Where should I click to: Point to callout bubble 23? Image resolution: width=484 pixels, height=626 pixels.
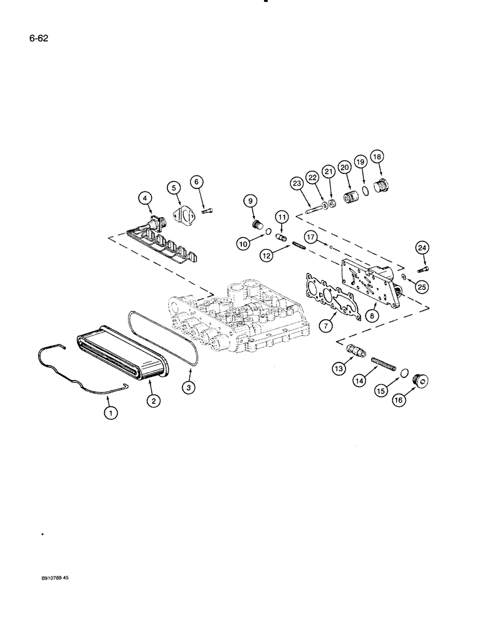coord(297,184)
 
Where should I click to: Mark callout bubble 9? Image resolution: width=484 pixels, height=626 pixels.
coord(250,201)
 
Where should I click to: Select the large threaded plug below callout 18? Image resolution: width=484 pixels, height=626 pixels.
coord(381,187)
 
